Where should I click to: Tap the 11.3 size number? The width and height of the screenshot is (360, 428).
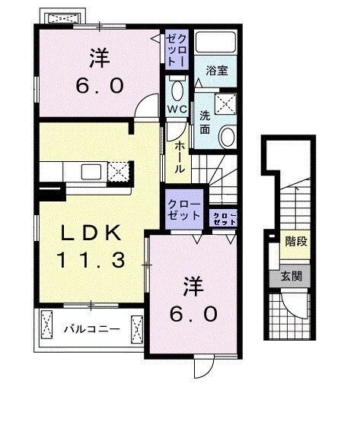click(88, 260)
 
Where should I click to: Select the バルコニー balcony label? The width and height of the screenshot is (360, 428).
click(91, 330)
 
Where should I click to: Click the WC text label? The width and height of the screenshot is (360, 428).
click(177, 109)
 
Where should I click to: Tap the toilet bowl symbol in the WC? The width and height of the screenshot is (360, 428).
click(177, 90)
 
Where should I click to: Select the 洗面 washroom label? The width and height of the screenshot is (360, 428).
click(205, 122)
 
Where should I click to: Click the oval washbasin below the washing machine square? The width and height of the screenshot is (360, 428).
click(226, 138)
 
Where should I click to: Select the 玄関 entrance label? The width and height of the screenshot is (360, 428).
click(291, 275)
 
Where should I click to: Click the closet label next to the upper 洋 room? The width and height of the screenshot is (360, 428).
click(176, 49)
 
